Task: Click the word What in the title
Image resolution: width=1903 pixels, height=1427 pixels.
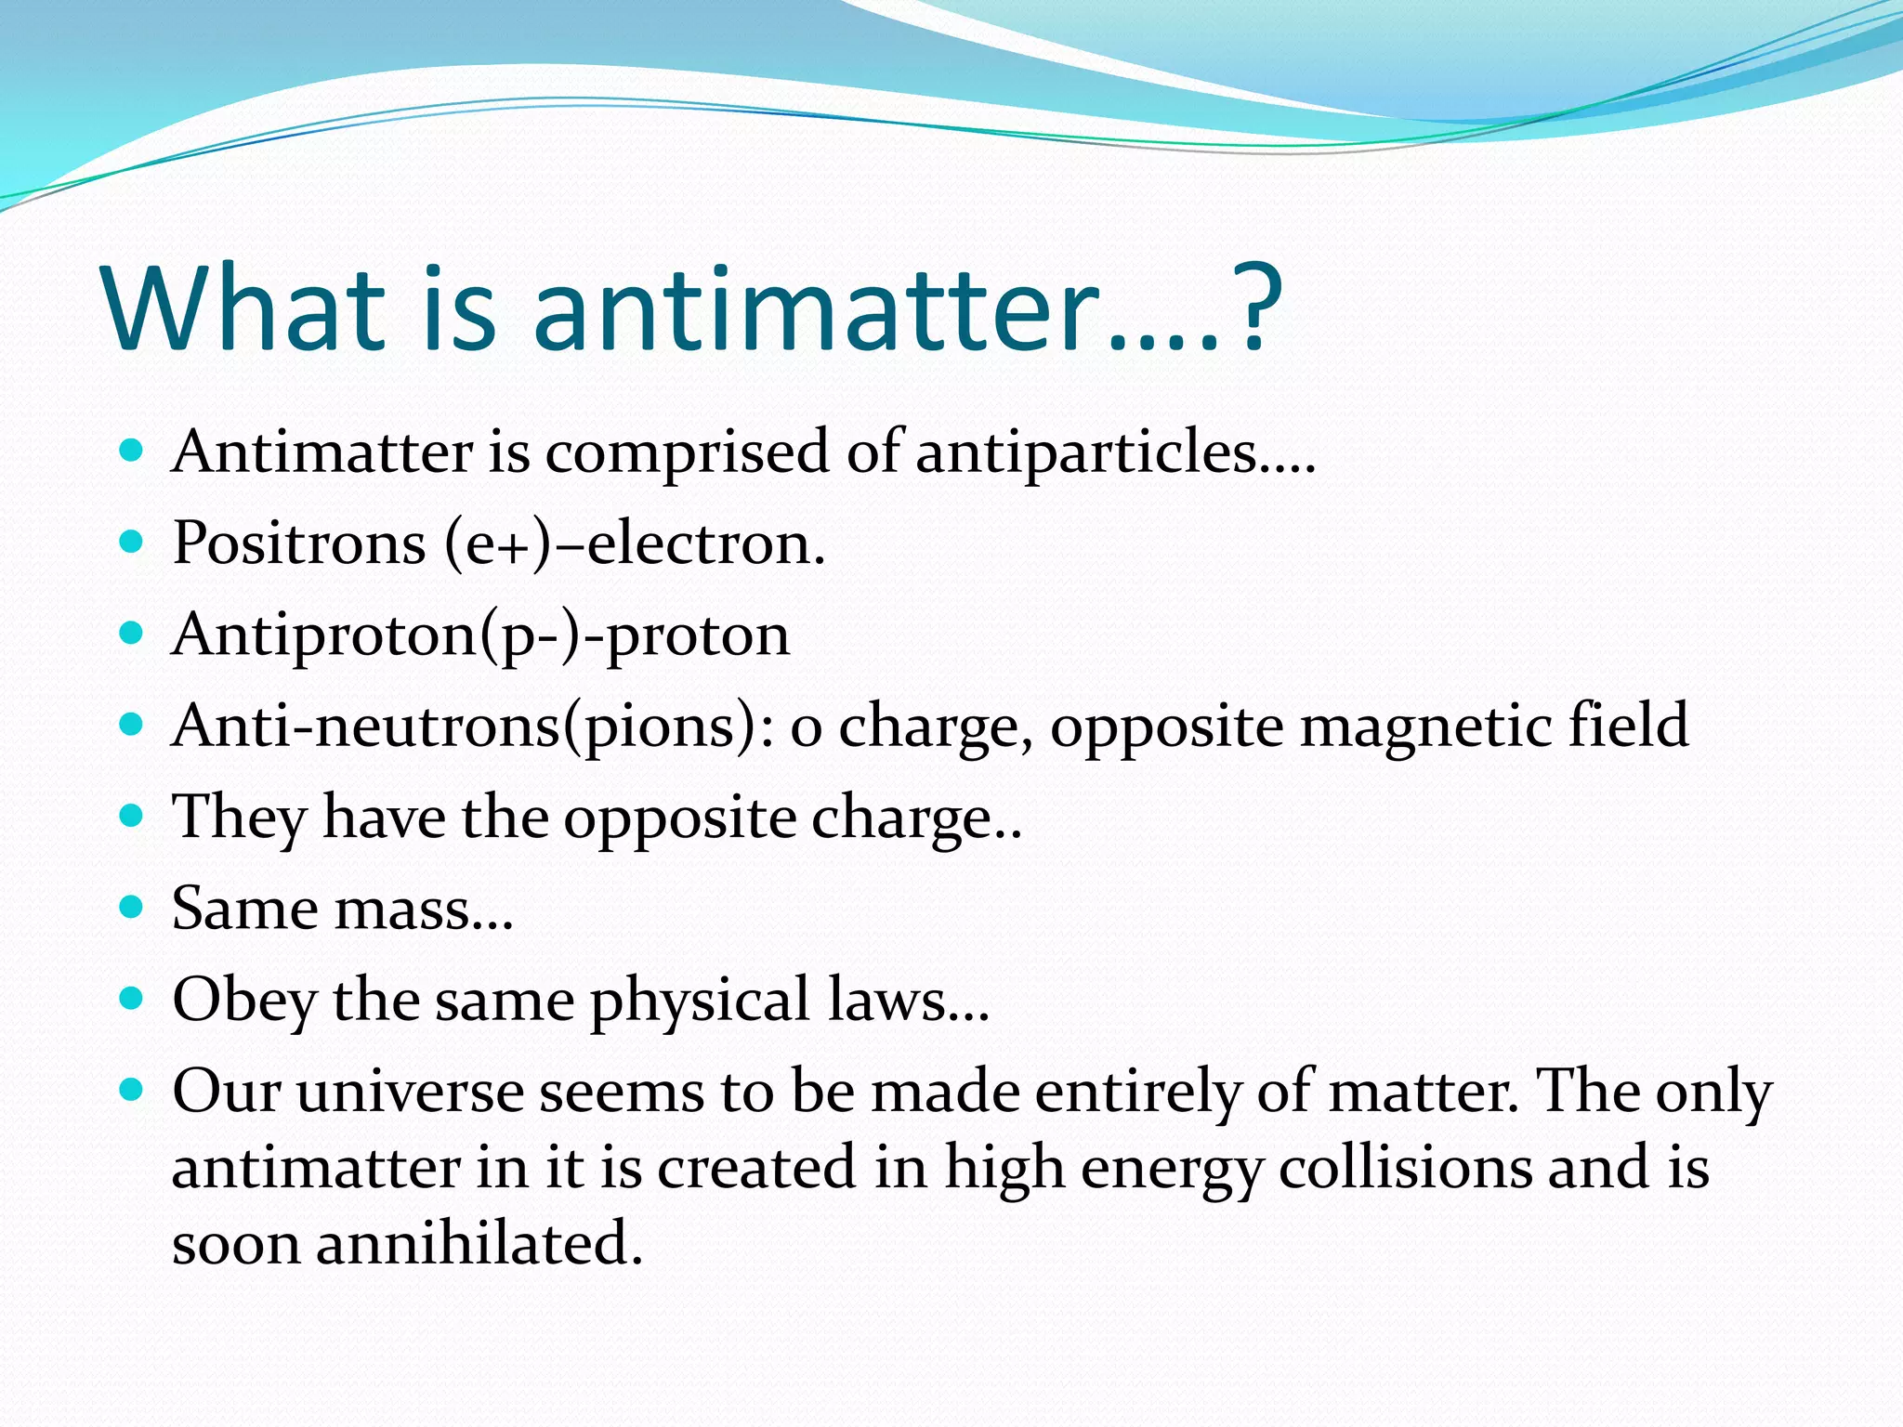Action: pos(244,308)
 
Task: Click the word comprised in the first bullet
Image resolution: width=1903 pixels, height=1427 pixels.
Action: pos(687,453)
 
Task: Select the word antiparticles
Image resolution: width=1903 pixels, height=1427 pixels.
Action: pos(1087,453)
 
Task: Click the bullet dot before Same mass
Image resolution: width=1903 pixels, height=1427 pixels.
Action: pos(132,907)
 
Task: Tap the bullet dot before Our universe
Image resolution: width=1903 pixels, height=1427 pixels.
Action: pos(132,1090)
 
